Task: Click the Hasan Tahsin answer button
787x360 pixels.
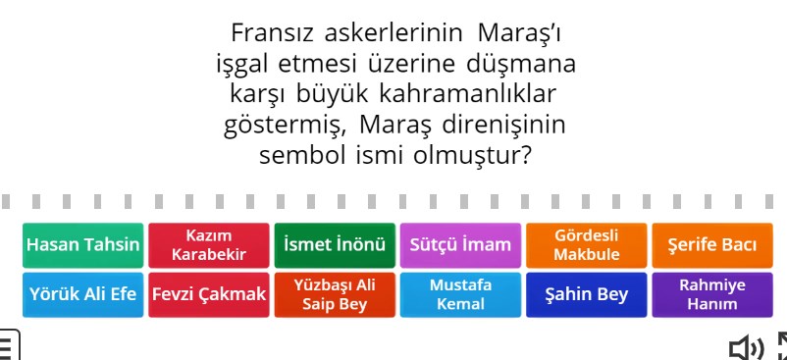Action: click(83, 245)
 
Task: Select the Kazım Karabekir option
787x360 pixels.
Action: click(208, 245)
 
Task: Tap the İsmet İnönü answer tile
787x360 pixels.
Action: click(334, 245)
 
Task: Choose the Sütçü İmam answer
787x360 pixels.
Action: click(460, 245)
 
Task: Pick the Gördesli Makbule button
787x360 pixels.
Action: click(587, 245)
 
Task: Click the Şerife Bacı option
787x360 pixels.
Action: click(711, 245)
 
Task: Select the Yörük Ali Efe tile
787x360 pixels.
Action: click(83, 294)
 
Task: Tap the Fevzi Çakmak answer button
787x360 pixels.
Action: click(208, 294)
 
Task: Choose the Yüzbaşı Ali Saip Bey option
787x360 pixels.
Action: click(334, 294)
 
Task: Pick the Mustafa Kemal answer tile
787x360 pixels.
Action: click(460, 294)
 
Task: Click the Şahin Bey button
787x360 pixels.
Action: click(587, 294)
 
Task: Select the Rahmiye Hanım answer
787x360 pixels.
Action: click(711, 294)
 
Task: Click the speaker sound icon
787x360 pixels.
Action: click(746, 347)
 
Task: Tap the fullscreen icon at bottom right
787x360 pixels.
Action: click(782, 347)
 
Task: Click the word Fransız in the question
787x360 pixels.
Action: click(269, 33)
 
